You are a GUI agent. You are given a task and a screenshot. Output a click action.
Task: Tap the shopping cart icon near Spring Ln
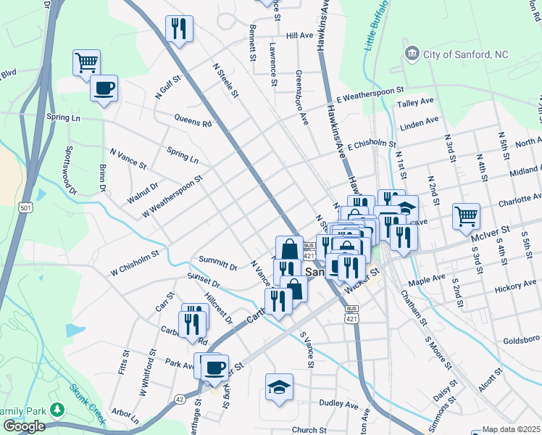[86, 63]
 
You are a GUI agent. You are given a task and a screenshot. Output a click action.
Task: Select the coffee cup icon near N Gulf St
[104, 88]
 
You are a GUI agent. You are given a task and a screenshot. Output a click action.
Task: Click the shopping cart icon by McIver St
[466, 216]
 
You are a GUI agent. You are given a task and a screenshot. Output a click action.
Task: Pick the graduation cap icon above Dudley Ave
[279, 387]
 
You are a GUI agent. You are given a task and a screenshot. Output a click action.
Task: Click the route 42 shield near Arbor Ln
[178, 398]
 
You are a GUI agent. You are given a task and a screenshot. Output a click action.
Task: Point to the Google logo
[23, 426]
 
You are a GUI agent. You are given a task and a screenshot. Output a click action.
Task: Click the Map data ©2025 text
[512, 429]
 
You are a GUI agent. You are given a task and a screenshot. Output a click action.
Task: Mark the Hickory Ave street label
[515, 289]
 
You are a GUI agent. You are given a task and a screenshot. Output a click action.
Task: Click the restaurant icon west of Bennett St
[178, 30]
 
